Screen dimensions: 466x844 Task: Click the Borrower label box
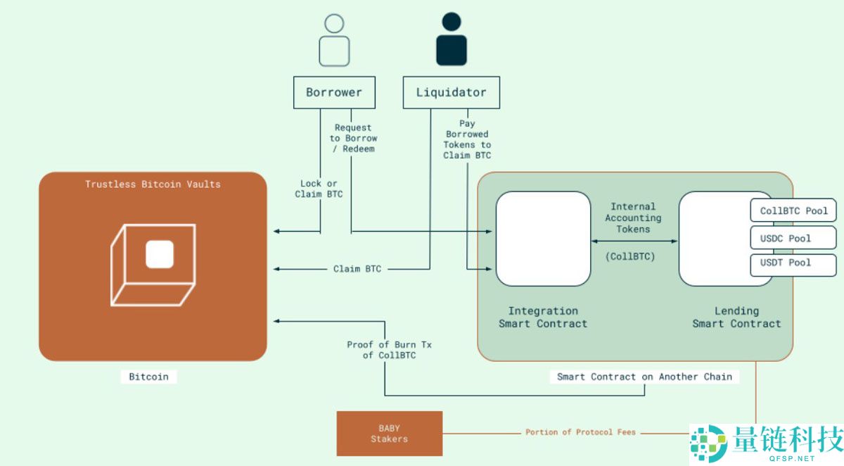coord(334,92)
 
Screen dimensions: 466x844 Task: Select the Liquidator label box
coord(451,92)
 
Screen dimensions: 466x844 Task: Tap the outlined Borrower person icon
coord(334,41)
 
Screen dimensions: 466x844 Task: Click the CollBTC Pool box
coord(793,210)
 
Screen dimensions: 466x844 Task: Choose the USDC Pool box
coord(793,238)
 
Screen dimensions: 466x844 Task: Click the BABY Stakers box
coord(389,433)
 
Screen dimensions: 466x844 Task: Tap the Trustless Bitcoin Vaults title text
coord(153,184)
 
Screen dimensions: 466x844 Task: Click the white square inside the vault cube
coord(160,254)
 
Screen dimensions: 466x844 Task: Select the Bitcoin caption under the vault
coord(148,377)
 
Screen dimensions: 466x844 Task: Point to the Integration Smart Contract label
coord(543,317)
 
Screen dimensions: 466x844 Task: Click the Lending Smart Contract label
coord(736,317)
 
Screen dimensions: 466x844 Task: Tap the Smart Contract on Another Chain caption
coord(644,377)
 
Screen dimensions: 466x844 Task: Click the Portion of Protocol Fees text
coord(580,432)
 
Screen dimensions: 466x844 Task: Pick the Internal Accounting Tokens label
coord(633,218)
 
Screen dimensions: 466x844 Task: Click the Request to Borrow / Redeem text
coord(353,138)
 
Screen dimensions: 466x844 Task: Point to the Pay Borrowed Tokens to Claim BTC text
coord(467,139)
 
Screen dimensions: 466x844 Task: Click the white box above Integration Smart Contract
coord(543,239)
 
